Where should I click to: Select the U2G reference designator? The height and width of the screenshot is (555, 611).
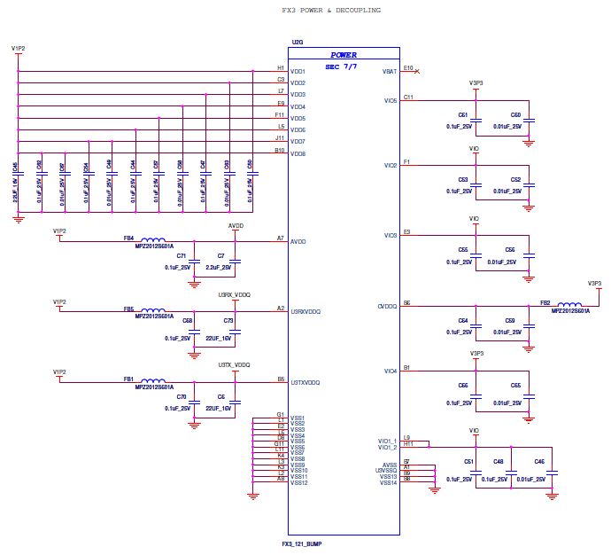(297, 42)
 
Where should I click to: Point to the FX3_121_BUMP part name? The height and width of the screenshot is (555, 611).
(302, 542)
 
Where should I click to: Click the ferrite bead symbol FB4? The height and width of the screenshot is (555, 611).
(153, 238)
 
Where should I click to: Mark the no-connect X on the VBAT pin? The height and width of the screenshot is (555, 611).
(417, 71)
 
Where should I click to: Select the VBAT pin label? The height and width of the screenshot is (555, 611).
(389, 72)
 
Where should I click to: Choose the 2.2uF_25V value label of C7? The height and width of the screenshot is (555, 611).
(218, 267)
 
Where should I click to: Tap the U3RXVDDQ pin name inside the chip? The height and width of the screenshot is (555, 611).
(305, 312)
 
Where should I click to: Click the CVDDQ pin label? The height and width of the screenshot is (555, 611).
(388, 306)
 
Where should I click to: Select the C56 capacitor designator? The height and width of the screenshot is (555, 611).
(510, 250)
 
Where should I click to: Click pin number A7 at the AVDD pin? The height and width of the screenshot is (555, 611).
(281, 237)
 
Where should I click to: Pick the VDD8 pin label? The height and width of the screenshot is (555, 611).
(298, 153)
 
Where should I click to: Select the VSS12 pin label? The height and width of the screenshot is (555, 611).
(298, 483)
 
